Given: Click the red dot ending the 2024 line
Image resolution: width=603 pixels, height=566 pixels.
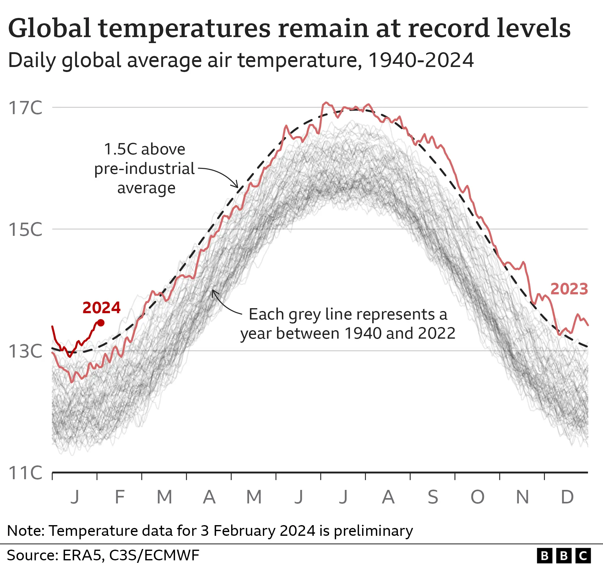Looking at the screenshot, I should [x=101, y=323].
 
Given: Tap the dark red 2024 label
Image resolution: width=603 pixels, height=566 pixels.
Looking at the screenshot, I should [x=101, y=308].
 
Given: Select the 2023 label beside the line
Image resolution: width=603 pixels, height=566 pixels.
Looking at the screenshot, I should [x=569, y=289].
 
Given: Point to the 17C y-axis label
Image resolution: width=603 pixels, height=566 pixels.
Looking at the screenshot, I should [x=25, y=108].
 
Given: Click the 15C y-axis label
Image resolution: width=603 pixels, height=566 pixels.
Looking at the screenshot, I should [x=25, y=229].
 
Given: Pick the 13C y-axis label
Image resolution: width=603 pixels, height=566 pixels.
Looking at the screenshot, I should [x=25, y=351].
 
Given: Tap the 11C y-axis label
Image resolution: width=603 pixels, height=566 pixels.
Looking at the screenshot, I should [x=25, y=472].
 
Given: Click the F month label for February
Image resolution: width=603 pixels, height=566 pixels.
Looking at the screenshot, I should [x=120, y=497].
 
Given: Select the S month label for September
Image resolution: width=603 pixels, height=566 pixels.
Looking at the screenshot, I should [x=433, y=497].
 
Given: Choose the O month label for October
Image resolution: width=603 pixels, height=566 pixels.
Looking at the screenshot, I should [x=477, y=497].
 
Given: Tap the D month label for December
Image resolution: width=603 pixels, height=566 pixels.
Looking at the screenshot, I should [x=567, y=497].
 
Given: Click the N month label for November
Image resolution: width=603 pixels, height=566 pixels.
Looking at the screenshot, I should [x=522, y=497].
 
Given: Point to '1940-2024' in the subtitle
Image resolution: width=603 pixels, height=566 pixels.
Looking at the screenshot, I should [x=421, y=60].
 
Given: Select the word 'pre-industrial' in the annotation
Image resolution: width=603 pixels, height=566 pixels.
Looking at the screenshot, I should [x=144, y=169].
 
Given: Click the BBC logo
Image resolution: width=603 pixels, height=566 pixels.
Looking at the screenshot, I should [x=564, y=556].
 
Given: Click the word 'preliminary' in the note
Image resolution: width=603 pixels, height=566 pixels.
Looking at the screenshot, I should [x=373, y=531].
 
